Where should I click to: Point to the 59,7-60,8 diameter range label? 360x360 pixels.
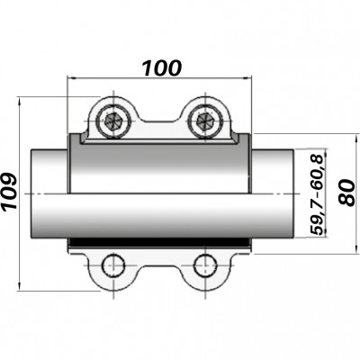click(317, 194)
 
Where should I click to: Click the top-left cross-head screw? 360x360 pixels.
click(113, 119)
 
